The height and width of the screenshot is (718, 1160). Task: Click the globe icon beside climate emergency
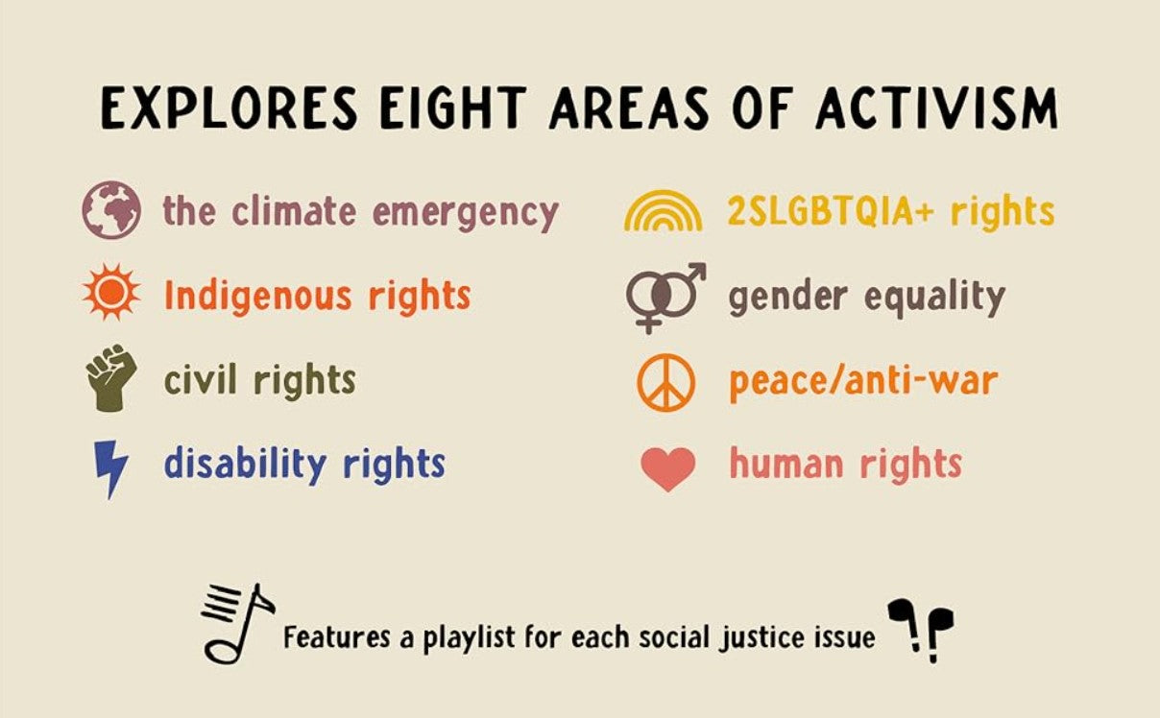coord(111,209)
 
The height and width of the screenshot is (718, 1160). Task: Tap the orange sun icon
coord(111,293)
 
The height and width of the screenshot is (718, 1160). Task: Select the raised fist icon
coord(111,378)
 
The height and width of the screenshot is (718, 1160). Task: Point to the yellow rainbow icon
coord(664,209)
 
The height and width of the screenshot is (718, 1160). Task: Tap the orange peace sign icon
coord(666,383)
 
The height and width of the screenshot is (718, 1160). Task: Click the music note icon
coord(238,624)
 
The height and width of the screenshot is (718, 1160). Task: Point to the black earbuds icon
coord(921,631)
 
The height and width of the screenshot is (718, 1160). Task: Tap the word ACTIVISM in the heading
coord(936,108)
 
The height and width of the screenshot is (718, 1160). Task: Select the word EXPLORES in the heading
coord(229,108)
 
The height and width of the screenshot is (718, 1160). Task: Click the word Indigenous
coord(257,297)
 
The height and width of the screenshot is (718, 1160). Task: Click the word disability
coord(246,465)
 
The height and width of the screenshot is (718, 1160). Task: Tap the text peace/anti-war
coord(863,382)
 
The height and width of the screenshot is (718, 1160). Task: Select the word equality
coord(935,299)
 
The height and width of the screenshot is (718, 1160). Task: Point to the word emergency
coord(465,214)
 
